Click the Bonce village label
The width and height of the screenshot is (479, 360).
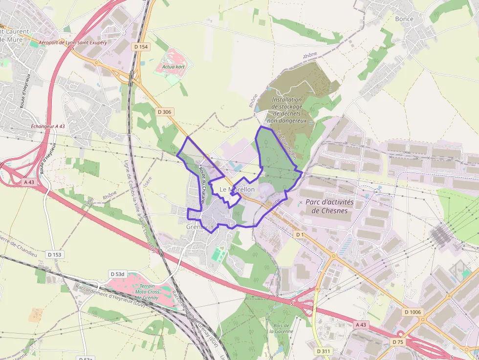point(404,19)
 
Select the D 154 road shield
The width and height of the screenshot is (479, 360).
point(140,46)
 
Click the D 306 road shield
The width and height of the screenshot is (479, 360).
point(165,112)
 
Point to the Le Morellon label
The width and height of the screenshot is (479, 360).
point(237,189)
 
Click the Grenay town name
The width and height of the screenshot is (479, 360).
point(197,227)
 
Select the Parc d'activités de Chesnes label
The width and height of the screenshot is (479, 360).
point(329,206)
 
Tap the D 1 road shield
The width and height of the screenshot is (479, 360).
point(300,235)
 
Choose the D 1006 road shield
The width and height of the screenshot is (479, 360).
point(413,312)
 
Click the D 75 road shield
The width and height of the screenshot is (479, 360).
point(398,342)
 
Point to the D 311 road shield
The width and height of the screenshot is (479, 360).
point(323,351)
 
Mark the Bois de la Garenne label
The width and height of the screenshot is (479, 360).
point(282,328)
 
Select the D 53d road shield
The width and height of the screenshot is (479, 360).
point(118,274)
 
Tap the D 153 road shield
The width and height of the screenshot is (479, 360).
point(55,254)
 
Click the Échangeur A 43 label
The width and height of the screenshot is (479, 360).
point(47,126)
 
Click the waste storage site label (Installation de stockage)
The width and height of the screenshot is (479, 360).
point(287,110)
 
